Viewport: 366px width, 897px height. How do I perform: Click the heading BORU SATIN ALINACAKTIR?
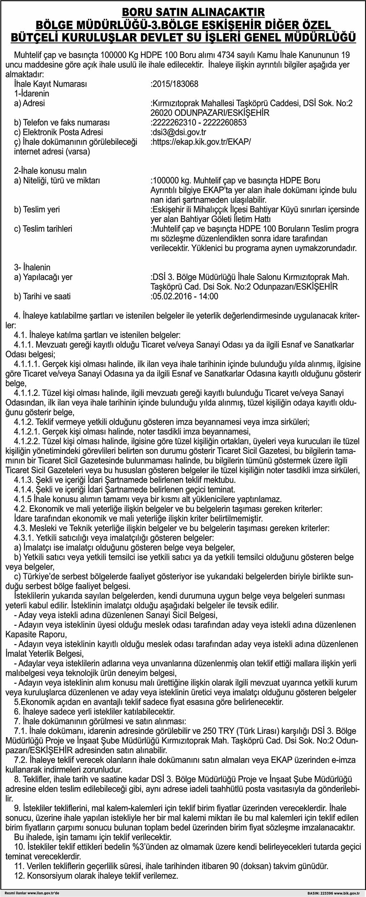pyautogui.click(x=193, y=12)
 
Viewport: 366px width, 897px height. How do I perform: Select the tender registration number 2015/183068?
pyautogui.click(x=175, y=84)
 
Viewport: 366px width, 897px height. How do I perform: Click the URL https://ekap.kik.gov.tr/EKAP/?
pyautogui.click(x=201, y=142)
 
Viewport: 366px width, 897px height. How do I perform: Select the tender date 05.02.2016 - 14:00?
pyautogui.click(x=185, y=297)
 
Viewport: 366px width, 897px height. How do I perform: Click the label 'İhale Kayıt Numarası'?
pyautogui.click(x=50, y=84)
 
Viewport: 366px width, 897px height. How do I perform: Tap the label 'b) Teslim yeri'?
pyautogui.click(x=37, y=210)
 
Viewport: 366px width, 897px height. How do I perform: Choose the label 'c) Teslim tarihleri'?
pyautogui.click(x=43, y=229)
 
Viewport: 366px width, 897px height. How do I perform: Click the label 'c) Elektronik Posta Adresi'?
pyautogui.click(x=58, y=132)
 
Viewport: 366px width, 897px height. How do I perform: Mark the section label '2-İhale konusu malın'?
pyautogui.click(x=50, y=171)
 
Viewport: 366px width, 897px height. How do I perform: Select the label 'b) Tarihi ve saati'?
pyautogui.click(x=42, y=297)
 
